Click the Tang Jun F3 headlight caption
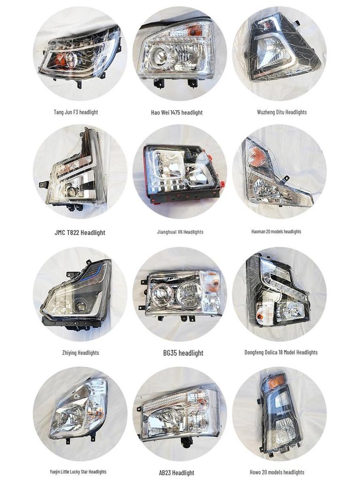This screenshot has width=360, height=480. pyautogui.click(x=76, y=112)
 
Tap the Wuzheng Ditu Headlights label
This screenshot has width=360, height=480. pyautogui.click(x=282, y=112)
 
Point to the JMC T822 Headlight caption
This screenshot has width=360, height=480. pyautogui.click(x=80, y=232)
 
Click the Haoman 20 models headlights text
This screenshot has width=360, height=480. pyautogui.click(x=276, y=232)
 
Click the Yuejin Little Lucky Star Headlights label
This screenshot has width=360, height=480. pyautogui.click(x=78, y=472)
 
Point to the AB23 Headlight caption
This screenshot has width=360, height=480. pyautogui.click(x=176, y=473)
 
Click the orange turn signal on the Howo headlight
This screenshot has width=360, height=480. pyautogui.click(x=276, y=382)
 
